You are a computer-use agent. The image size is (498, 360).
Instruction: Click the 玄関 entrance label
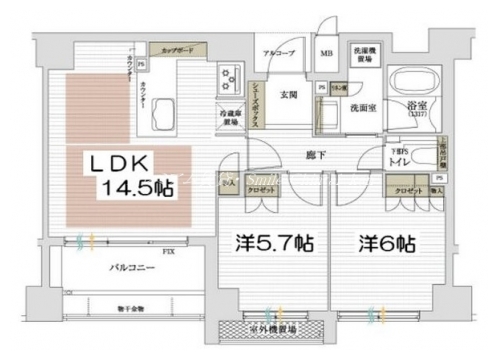290,95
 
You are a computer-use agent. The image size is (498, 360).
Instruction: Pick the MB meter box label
326,55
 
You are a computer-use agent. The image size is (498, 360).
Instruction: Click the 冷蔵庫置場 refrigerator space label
229,117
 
